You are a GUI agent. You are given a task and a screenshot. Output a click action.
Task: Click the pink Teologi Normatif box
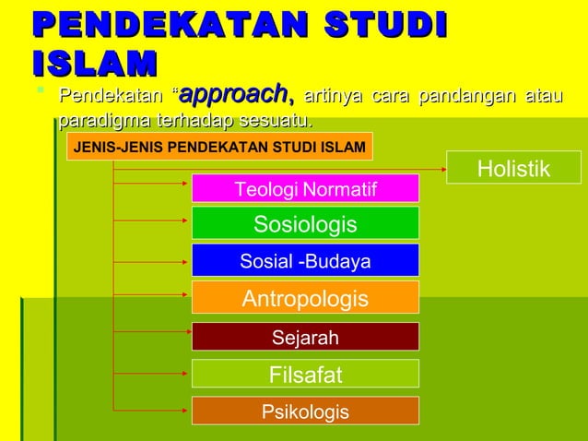[x=305, y=189]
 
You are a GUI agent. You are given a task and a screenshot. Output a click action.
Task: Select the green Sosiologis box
[x=305, y=224]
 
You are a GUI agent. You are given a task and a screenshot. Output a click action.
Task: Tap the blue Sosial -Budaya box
[x=305, y=261]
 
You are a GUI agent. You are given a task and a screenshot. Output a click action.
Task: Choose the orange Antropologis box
[x=305, y=299]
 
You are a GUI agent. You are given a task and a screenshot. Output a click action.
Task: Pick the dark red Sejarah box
[x=305, y=338]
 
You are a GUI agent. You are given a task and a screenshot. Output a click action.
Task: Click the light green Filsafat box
[x=305, y=375]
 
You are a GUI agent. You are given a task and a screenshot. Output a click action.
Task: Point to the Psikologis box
[x=305, y=411]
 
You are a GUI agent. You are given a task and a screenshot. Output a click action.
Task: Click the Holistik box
[x=513, y=168]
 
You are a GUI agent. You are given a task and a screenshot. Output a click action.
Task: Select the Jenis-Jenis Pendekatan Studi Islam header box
[x=218, y=147]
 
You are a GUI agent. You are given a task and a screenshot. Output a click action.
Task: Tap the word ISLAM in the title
[x=92, y=64]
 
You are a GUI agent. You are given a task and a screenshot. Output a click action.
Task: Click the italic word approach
[x=236, y=94]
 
